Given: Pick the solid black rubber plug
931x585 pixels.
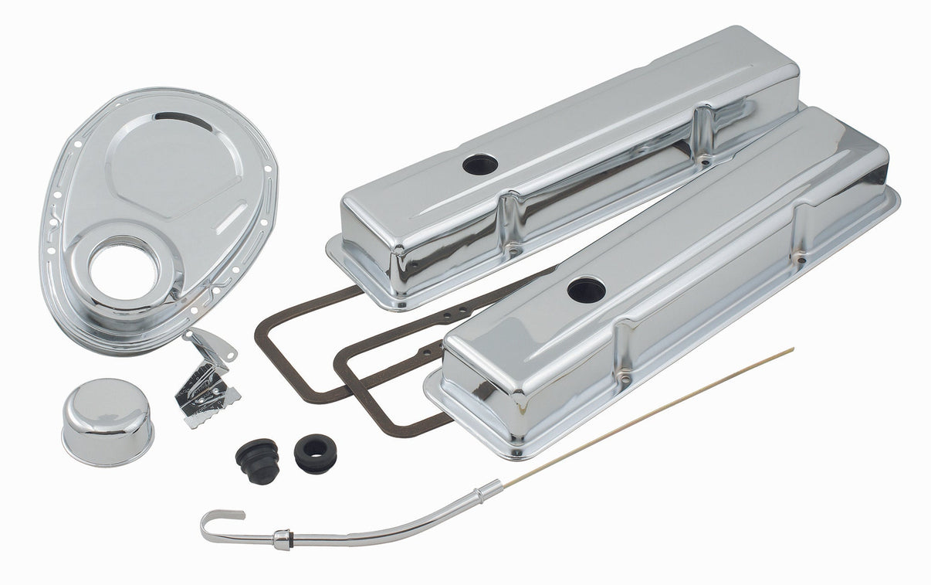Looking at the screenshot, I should (x=257, y=461).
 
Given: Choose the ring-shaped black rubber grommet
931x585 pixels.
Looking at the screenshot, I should (x=315, y=454).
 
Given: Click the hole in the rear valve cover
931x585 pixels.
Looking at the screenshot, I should (x=480, y=164).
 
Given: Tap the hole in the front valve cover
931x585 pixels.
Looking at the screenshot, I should (x=585, y=290).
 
